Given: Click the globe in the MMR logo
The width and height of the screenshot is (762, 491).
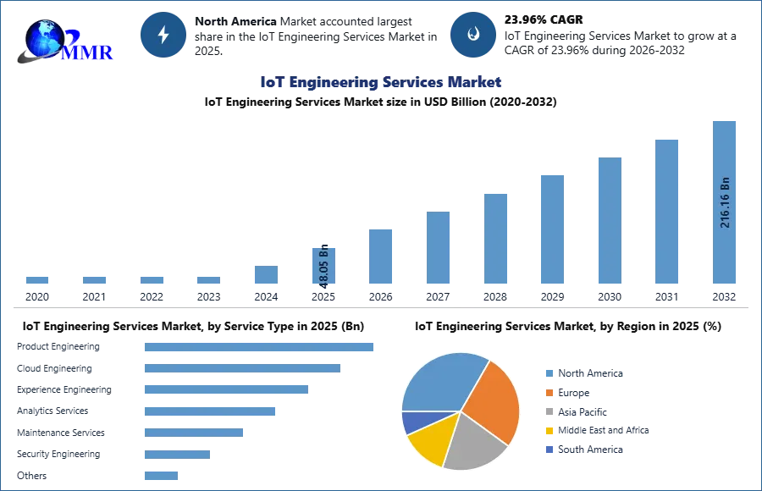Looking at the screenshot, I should (x=44, y=39).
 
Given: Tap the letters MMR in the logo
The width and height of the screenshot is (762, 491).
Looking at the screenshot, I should (x=88, y=52).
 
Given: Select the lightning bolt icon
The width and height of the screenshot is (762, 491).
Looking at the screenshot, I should (x=163, y=35).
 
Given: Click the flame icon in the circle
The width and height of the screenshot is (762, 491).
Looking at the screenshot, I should (x=473, y=35).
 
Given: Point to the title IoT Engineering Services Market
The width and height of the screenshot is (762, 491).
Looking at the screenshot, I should (x=380, y=82).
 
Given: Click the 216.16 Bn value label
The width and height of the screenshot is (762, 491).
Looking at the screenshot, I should (x=725, y=202).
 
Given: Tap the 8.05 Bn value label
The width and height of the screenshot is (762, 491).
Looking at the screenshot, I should (x=323, y=264).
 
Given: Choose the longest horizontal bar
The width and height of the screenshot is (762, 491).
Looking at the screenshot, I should (x=260, y=345).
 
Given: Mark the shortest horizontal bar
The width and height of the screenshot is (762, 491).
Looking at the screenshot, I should (x=162, y=475).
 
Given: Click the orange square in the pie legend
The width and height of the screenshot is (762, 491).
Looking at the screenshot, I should (x=549, y=393).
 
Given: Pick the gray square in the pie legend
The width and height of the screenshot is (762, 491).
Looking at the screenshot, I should (x=549, y=412).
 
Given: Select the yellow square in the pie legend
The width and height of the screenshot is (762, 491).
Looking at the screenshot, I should (x=549, y=431).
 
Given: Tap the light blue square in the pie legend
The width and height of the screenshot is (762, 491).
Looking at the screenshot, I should (x=549, y=372).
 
